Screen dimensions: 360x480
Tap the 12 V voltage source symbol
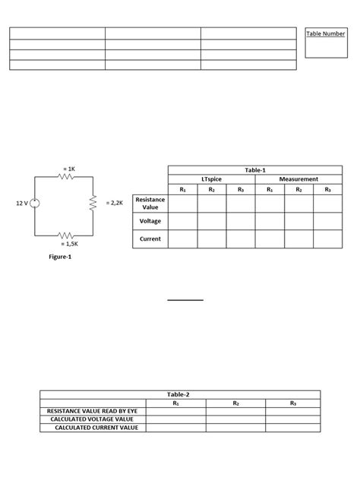click(x=35, y=204)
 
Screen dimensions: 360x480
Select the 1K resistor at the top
click(x=65, y=176)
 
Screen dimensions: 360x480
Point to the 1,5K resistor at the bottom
click(x=65, y=235)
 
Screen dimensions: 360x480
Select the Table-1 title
click(x=255, y=170)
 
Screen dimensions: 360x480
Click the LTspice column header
click(x=211, y=179)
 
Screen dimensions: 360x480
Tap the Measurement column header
click(x=298, y=179)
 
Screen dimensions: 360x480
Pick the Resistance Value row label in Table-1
click(x=150, y=203)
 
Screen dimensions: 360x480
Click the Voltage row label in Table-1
click(x=150, y=221)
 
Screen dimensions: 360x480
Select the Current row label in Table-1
click(x=150, y=239)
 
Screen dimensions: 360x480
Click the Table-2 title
click(x=179, y=394)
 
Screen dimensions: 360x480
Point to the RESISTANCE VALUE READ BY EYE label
click(x=92, y=411)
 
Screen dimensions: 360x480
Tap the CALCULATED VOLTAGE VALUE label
click(x=92, y=419)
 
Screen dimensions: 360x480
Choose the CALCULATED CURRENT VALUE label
click(x=96, y=428)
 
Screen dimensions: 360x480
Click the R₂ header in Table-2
click(x=235, y=403)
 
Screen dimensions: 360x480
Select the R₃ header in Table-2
click(x=293, y=403)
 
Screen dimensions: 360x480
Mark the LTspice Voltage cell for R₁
click(x=183, y=221)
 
